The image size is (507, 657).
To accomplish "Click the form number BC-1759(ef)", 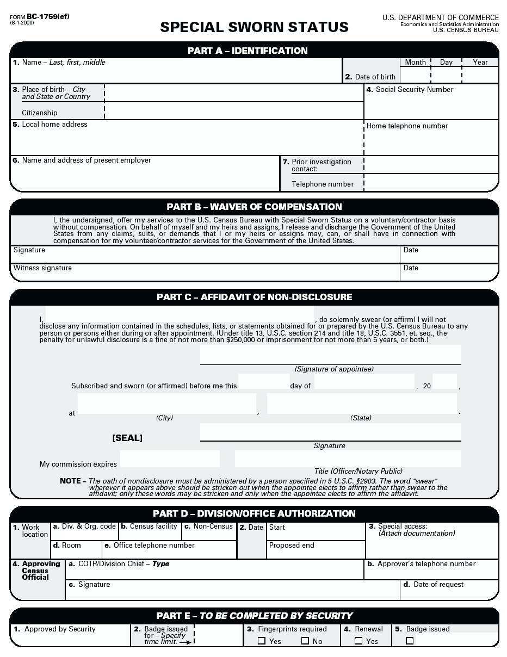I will point(47,16).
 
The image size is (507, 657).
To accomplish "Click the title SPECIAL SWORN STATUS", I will point(254,27).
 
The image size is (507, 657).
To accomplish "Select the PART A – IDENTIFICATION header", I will point(248,51).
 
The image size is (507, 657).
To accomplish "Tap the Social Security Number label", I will point(414,90).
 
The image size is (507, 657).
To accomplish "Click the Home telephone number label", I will point(407,126).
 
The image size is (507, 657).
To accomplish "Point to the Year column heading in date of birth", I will point(480,63).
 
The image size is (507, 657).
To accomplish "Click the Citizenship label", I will point(40,113).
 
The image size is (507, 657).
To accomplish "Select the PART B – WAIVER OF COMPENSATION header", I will point(254,207).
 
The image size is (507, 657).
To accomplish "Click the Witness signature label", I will point(42,268).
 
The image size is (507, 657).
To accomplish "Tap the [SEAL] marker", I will point(127,438).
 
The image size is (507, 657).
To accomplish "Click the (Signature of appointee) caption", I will point(334,369).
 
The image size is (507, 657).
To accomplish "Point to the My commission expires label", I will point(78,464).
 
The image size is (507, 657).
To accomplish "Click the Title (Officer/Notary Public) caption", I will point(358,472).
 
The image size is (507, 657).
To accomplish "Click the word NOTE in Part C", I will point(70,481).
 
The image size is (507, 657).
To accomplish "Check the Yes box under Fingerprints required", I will point(262,641).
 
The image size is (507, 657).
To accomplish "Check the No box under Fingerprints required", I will point(305,641).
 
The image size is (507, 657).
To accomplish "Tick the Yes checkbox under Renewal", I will point(358,641).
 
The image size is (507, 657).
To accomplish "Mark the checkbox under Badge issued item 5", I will point(410,641).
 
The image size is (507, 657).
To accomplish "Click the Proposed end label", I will point(292,546).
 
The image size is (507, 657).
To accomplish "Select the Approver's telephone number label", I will point(426,564).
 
